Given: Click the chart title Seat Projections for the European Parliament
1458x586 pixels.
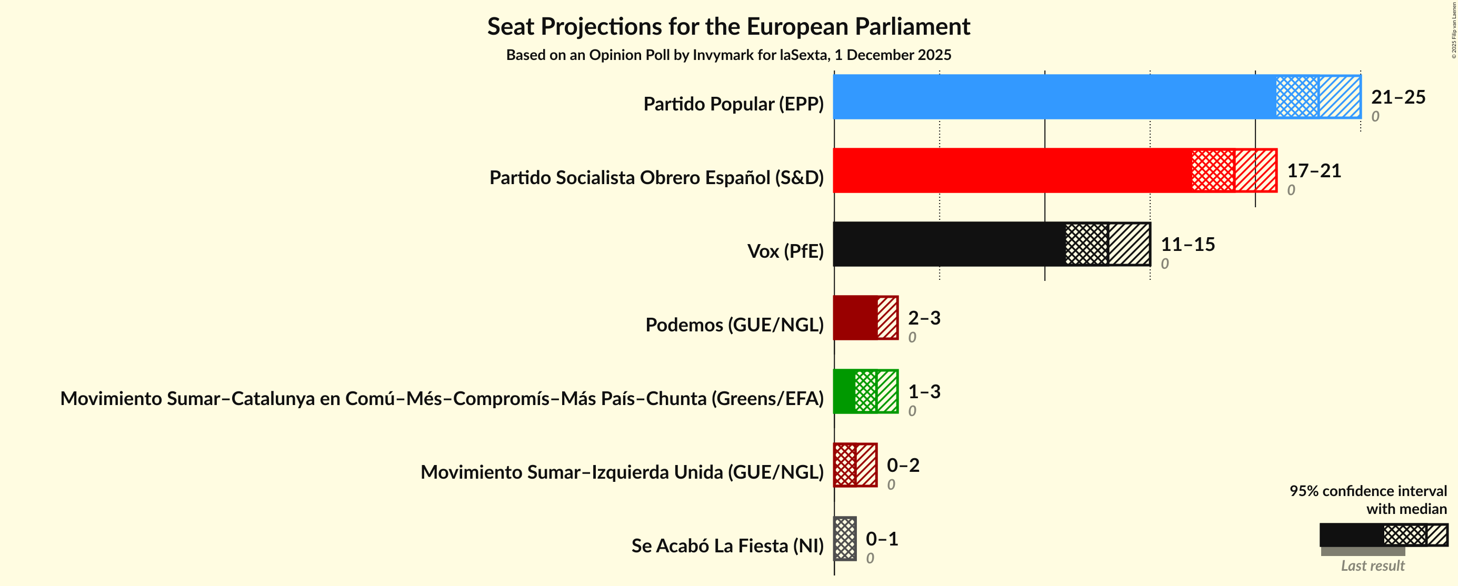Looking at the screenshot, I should click(x=728, y=27).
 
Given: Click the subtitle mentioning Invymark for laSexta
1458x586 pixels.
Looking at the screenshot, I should click(x=728, y=55).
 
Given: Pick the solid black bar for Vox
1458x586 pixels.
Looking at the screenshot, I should click(x=948, y=244).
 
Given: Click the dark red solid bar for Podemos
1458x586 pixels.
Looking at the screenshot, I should click(x=855, y=317).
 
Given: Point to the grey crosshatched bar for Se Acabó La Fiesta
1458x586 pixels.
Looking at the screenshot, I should click(x=844, y=539).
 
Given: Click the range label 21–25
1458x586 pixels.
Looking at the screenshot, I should click(x=1397, y=97).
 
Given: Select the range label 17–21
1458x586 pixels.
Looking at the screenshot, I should click(x=1314, y=171).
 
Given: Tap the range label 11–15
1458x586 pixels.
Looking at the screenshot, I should click(x=1187, y=245).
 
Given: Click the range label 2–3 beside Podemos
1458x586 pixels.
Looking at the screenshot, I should click(x=924, y=318).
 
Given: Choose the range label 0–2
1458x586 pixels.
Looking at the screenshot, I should click(x=903, y=465).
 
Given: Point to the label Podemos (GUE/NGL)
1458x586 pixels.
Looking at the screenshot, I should click(x=734, y=325).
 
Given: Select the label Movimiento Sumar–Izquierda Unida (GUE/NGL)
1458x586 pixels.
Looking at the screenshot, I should click(x=622, y=472).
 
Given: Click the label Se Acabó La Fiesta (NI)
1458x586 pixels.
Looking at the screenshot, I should click(x=727, y=545).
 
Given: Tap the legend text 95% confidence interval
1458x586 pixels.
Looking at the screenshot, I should click(x=1367, y=490).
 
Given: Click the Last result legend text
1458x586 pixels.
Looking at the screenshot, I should click(x=1372, y=565).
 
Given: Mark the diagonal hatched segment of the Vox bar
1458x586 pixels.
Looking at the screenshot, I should click(x=1129, y=244).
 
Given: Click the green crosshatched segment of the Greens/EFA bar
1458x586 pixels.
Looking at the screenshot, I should click(x=865, y=391).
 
